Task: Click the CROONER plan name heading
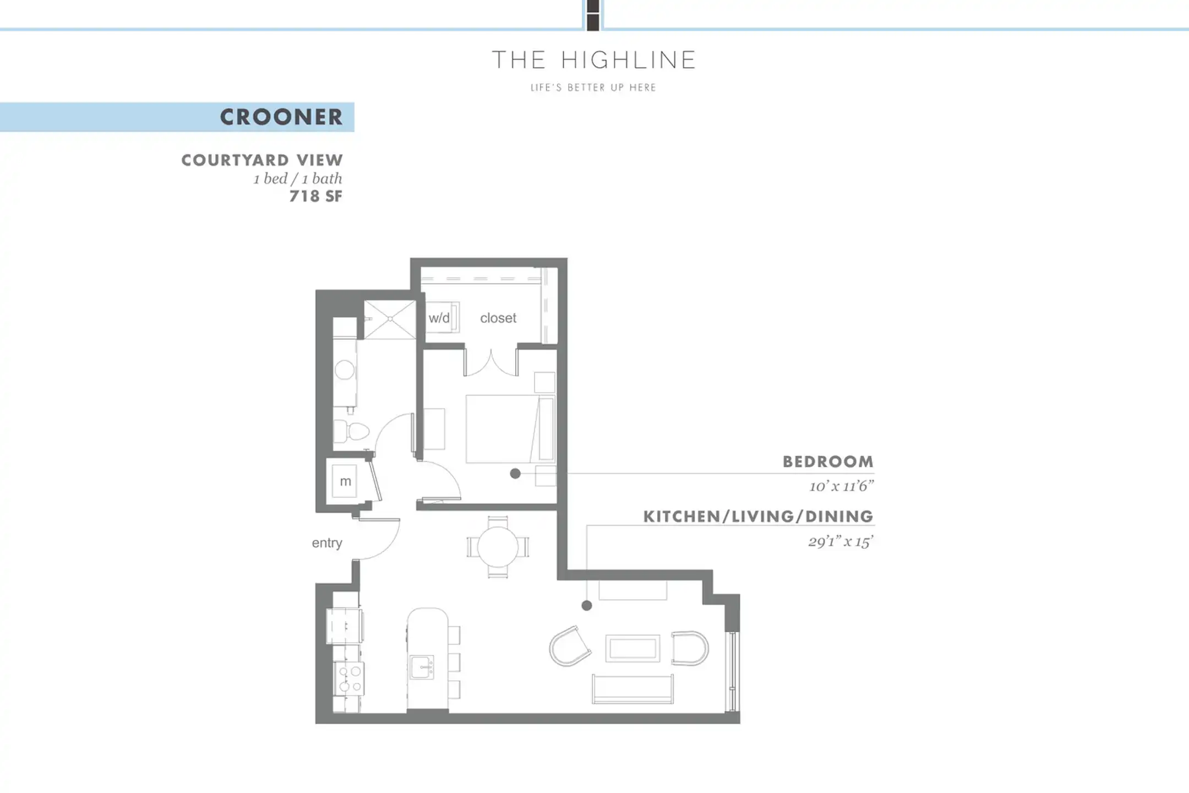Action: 281,117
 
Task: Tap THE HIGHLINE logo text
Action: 594,60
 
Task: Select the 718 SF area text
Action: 316,196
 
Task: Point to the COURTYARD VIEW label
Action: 262,160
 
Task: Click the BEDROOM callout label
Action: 828,461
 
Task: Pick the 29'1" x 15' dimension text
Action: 841,541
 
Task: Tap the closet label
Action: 498,318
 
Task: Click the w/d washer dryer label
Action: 439,318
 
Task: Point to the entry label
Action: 327,543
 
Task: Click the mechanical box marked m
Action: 345,481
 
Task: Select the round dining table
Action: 498,547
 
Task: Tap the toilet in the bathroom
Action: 351,431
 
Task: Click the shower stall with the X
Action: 390,319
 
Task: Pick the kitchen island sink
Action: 422,667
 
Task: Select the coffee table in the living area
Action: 632,648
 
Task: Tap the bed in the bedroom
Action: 510,428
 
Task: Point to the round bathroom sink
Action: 345,370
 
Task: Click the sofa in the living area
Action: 632,689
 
